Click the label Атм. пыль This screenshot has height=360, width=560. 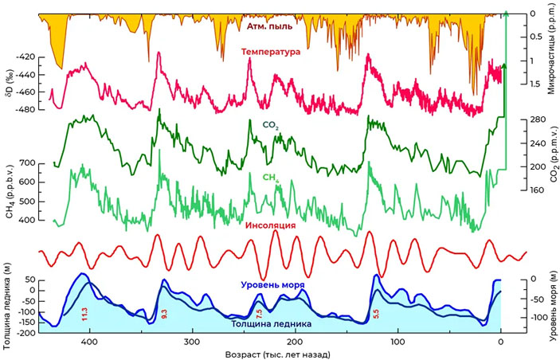tap(269, 25)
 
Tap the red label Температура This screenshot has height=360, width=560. tap(271, 52)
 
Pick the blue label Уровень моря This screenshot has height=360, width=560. tap(264, 284)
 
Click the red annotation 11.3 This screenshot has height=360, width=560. tap(84, 313)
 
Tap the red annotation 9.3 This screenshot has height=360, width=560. tap(164, 313)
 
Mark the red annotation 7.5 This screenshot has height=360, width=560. tap(259, 313)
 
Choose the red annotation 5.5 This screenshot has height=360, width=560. tap(376, 313)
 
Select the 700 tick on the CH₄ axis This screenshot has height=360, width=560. tap(29, 163)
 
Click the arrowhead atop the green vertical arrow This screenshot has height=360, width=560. tap(506, 12)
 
